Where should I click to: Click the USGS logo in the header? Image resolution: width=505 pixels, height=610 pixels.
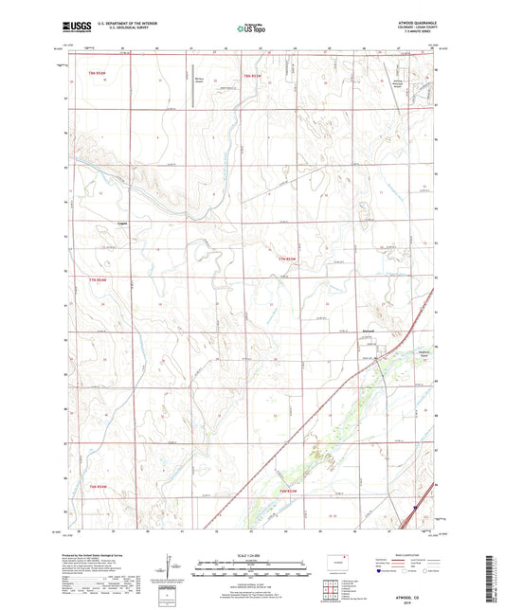pyautogui.click(x=76, y=29)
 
